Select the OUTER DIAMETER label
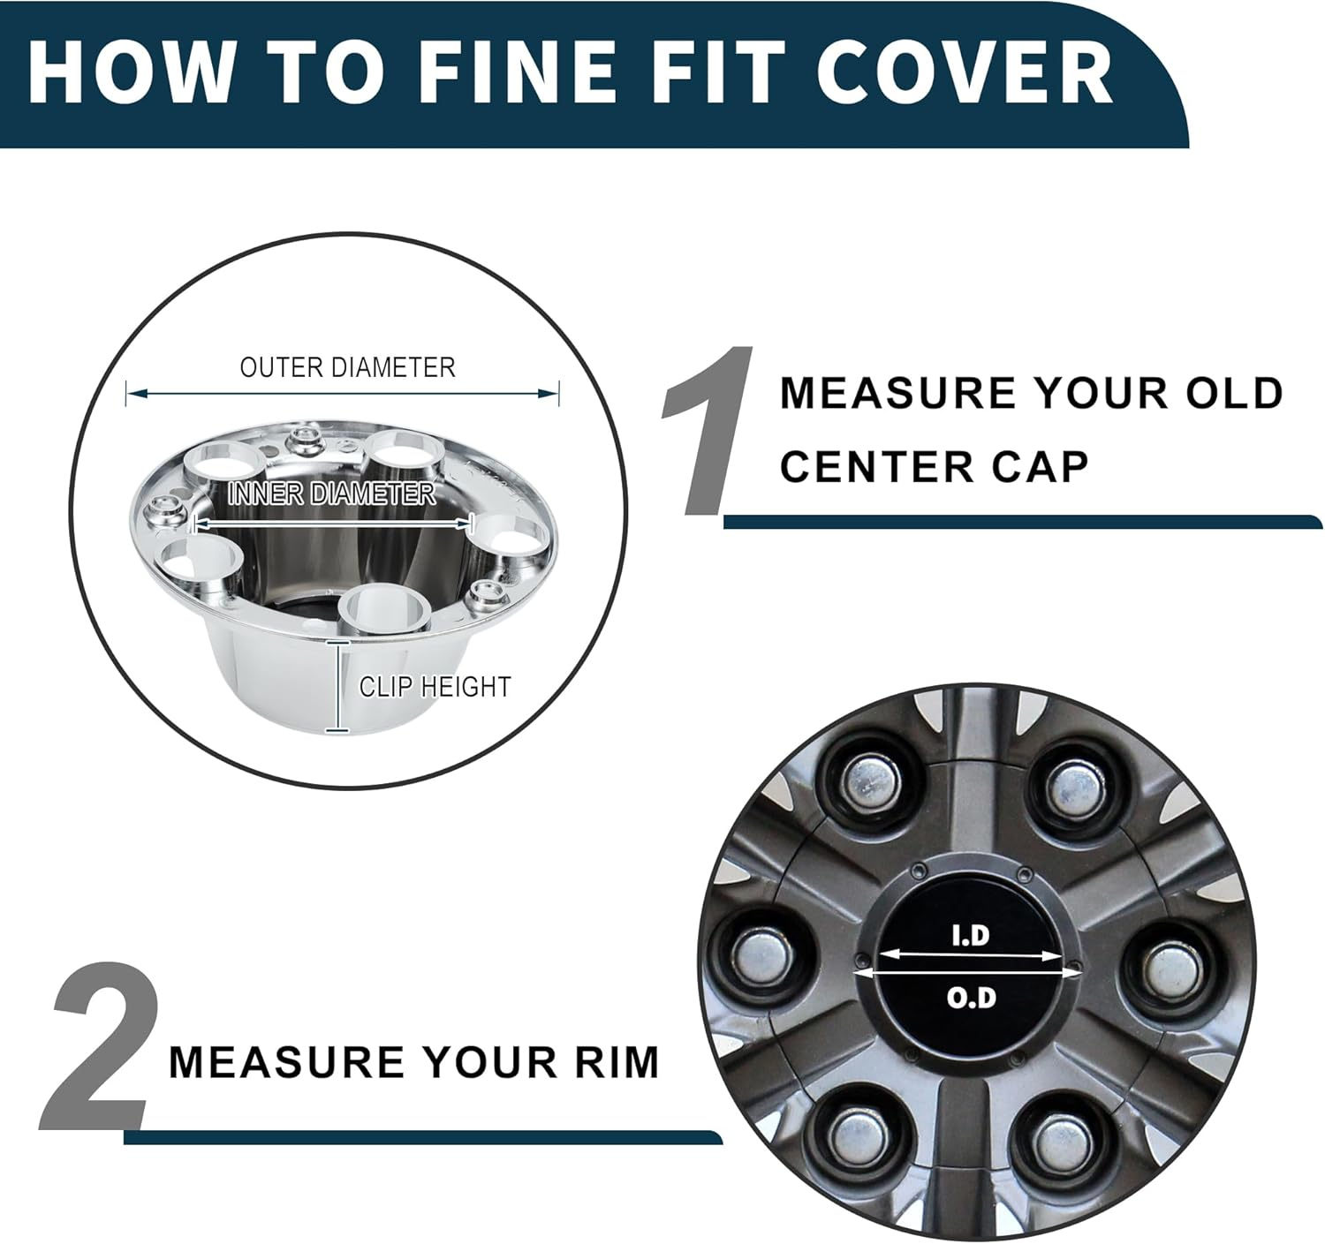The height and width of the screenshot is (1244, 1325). tap(347, 367)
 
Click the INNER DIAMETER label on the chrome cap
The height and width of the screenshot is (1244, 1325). tap(331, 494)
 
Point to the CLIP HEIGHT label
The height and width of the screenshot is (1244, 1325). tap(435, 687)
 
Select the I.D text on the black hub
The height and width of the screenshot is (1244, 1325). tap(971, 935)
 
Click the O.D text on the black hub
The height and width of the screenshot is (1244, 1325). tap(971, 998)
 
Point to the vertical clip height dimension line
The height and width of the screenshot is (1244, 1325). tap(334, 687)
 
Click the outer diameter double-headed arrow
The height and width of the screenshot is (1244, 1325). tap(343, 394)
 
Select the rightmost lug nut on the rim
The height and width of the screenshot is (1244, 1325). tap(1174, 969)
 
